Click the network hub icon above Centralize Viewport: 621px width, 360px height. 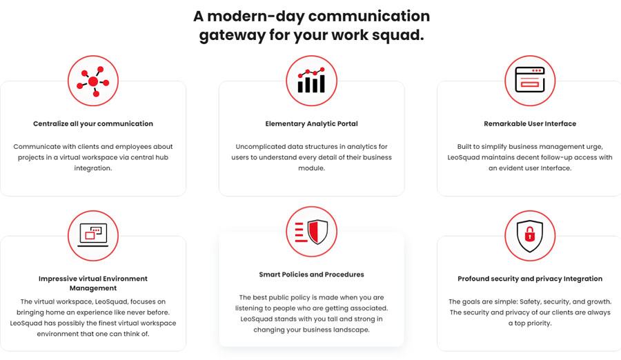click(93, 81)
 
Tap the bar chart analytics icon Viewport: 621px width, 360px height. click(311, 81)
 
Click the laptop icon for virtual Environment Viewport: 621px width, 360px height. click(93, 235)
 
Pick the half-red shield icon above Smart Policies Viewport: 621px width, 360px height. click(312, 232)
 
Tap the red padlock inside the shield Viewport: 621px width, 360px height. click(530, 235)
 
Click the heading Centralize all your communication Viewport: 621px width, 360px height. click(93, 123)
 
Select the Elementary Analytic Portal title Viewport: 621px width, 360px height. click(311, 123)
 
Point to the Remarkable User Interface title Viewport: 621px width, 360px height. click(530, 123)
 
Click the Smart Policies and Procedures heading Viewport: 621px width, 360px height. click(311, 274)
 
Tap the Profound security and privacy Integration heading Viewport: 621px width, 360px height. click(530, 279)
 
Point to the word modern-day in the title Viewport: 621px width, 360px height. click(256, 17)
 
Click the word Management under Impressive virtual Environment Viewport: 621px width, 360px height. click(93, 288)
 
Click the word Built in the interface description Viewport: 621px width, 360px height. click(464, 146)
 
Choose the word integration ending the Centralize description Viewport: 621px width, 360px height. click(93, 168)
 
